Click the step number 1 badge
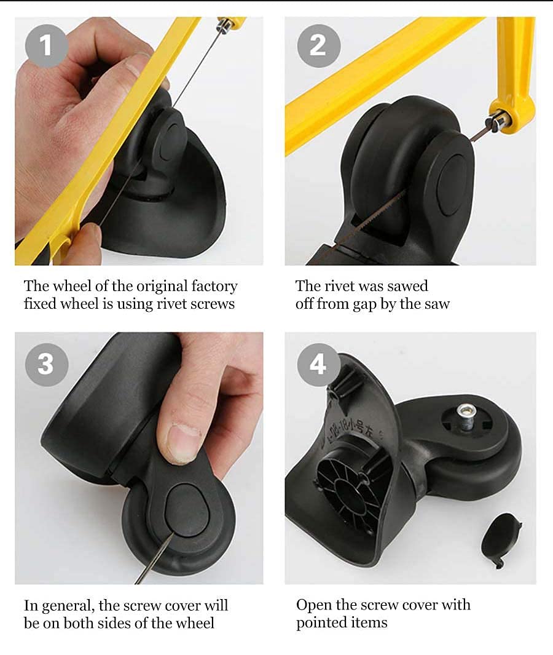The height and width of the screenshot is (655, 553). [x=46, y=45]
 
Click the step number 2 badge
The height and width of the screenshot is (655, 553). [x=318, y=45]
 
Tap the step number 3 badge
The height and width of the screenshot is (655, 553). [x=46, y=364]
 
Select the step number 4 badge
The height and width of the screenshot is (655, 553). [x=318, y=364]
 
